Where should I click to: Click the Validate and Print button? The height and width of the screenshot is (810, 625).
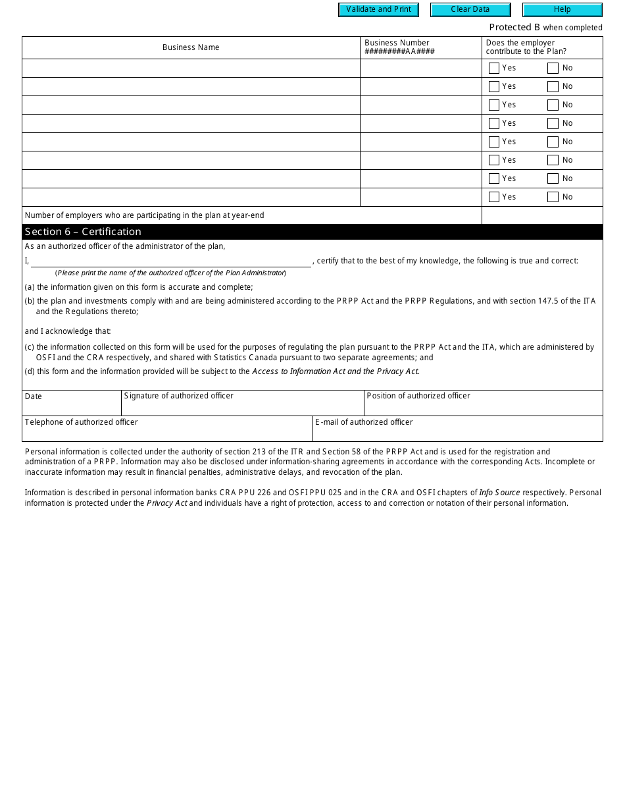378,10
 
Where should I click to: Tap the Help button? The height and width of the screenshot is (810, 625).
562,10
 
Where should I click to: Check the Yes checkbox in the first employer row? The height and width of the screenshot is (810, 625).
494,68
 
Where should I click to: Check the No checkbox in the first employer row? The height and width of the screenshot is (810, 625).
553,68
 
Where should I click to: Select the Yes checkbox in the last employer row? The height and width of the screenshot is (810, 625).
494,197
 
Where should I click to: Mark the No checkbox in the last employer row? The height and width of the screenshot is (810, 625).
553,197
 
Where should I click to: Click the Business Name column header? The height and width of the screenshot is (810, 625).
191,47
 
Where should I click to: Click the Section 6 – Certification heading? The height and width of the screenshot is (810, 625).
83,232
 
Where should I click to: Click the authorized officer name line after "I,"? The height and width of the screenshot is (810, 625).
171,261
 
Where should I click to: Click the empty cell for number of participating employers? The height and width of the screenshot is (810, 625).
542,215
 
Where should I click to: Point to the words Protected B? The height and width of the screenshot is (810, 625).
514,28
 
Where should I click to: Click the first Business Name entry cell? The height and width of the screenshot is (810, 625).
191,68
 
